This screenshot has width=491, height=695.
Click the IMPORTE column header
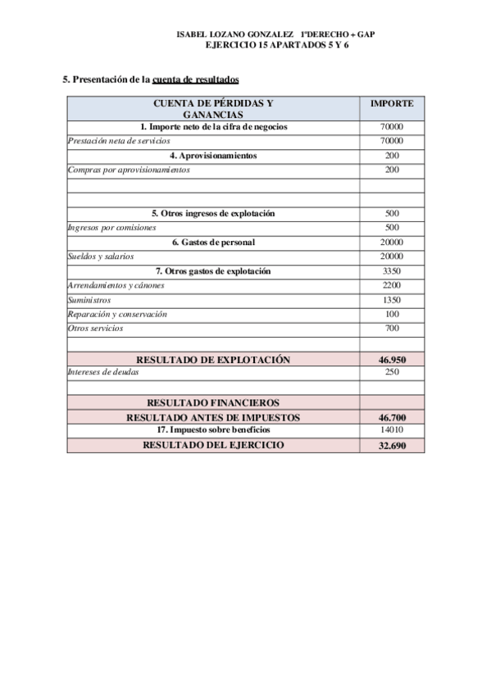pyautogui.click(x=392, y=104)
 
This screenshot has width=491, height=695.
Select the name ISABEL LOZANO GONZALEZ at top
pyautogui.click(x=235, y=35)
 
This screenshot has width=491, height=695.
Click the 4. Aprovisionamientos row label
pyautogui.click(x=213, y=155)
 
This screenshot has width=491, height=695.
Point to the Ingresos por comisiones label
pyautogui.click(x=111, y=227)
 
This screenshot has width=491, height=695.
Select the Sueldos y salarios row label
pyautogui.click(x=100, y=257)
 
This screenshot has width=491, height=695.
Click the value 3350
pyautogui.click(x=392, y=270)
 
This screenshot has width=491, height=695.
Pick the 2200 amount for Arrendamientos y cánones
pyautogui.click(x=392, y=285)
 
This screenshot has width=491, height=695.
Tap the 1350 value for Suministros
pyautogui.click(x=392, y=300)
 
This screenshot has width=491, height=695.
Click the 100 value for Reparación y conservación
pyautogui.click(x=392, y=314)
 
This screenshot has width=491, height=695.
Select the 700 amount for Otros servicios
pyautogui.click(x=392, y=328)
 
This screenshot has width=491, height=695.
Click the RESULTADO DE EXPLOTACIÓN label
pyautogui.click(x=213, y=359)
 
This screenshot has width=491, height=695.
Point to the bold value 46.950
pyautogui.click(x=392, y=359)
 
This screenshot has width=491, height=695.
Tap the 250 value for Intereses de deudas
pyautogui.click(x=392, y=372)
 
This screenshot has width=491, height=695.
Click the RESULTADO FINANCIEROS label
pyautogui.click(x=213, y=402)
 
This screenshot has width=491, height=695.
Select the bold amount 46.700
pyautogui.click(x=392, y=417)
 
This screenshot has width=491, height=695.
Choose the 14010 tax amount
pyautogui.click(x=392, y=429)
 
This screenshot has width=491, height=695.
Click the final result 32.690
pyautogui.click(x=392, y=445)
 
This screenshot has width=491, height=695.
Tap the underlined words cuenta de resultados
pyautogui.click(x=196, y=79)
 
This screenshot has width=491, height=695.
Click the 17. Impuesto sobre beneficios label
pyautogui.click(x=213, y=429)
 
